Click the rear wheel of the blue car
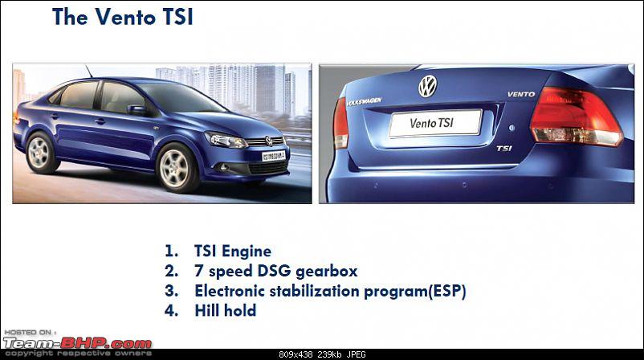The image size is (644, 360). (40, 153)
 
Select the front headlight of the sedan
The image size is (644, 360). (226, 140)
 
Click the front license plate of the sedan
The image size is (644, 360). (274, 156)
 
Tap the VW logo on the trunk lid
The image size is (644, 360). (427, 86)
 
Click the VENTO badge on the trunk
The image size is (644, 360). (521, 94)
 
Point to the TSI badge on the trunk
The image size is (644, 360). (504, 148)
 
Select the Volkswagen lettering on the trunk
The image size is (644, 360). (364, 101)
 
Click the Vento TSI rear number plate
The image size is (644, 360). (435, 122)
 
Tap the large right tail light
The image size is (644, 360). (577, 116)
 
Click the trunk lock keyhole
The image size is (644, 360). (512, 128)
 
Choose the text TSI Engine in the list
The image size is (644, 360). (232, 251)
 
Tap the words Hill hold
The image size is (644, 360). (226, 310)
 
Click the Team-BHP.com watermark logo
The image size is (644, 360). (77, 343)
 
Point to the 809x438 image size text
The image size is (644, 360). (296, 354)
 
